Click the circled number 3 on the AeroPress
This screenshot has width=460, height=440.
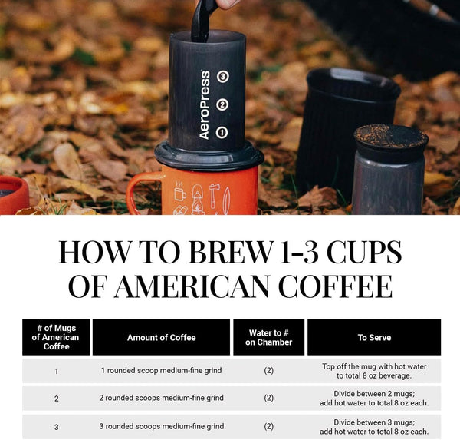[x=222, y=77]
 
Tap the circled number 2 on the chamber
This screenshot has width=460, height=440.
[x=222, y=105]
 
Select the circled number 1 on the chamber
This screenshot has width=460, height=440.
[x=222, y=132]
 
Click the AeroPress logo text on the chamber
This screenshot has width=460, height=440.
[x=205, y=105]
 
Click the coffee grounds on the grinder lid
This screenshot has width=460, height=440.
[x=390, y=135]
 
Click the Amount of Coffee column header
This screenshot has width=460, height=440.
[x=161, y=337]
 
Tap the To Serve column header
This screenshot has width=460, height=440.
[x=373, y=337]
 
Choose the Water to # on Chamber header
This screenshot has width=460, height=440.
[x=269, y=337]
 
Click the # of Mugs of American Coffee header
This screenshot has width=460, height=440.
[x=56, y=337]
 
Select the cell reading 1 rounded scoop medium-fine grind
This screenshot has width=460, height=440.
[x=161, y=371]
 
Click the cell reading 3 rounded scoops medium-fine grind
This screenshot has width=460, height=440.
[x=161, y=426]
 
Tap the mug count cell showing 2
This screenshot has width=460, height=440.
[x=56, y=399]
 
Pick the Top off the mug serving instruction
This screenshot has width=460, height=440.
[x=373, y=371]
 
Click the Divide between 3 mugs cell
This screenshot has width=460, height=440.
[x=373, y=426]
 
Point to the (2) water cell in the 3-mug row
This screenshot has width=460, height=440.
[x=269, y=426]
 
